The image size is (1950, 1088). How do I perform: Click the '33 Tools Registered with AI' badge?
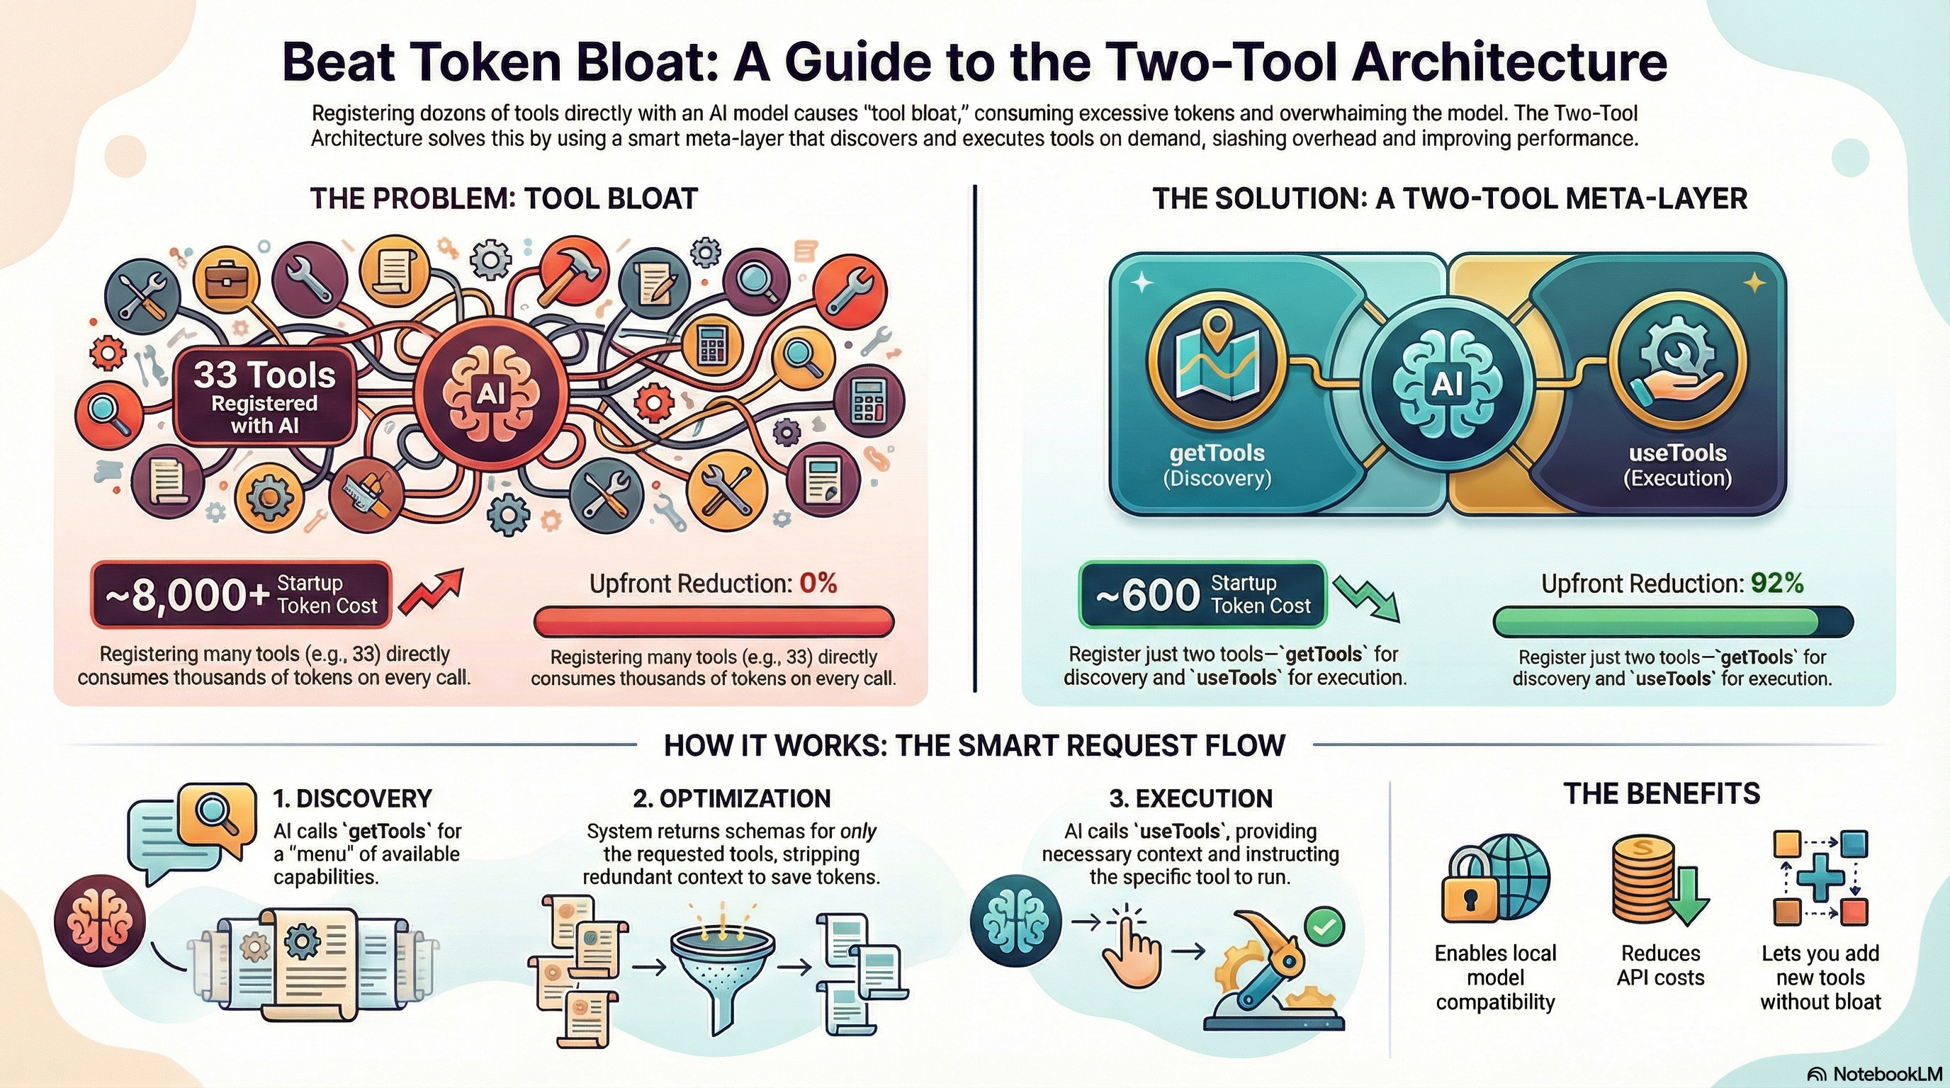point(264,396)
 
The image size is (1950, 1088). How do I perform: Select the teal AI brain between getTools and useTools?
point(1447,385)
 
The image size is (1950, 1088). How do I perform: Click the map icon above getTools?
point(1217,369)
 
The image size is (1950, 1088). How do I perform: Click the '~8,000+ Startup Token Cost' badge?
point(241,595)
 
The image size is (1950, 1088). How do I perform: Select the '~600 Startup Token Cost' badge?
point(1202,595)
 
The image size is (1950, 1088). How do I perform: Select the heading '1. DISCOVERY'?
point(352,798)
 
